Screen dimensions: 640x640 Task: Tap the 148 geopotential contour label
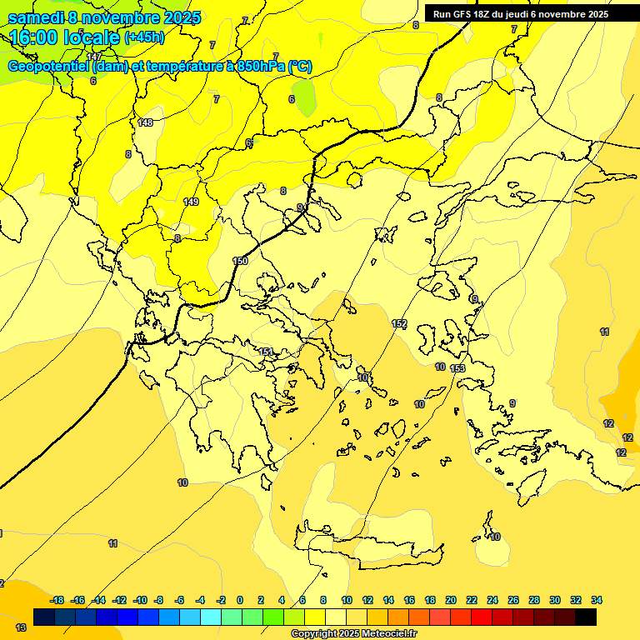146,122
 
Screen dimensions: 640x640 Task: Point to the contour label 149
191,202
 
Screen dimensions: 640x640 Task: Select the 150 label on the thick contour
240,261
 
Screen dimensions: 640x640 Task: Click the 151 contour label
265,352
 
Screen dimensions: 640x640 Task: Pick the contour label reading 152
399,323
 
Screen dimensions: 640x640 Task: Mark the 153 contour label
457,368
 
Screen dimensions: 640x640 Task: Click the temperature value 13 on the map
21,627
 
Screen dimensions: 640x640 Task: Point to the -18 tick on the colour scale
57,600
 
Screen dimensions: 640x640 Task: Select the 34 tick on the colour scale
597,600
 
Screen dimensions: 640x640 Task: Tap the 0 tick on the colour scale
240,600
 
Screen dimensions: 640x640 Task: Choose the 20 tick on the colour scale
451,600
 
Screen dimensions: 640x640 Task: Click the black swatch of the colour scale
585,617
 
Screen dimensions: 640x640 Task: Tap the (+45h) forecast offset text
144,37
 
